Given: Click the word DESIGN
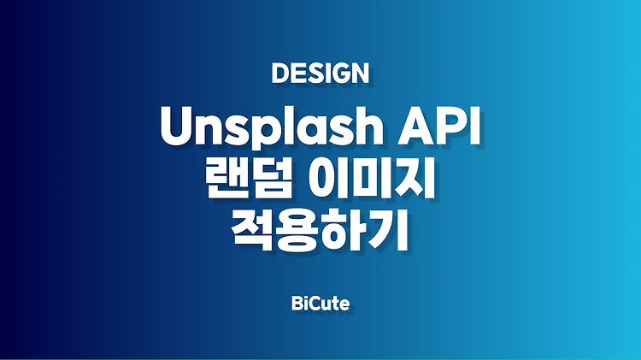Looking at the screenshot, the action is tap(320, 74).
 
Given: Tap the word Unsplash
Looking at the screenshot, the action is tap(272, 126).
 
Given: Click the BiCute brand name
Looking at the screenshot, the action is tap(320, 304).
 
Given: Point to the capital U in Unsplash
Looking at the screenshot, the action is tap(179, 127).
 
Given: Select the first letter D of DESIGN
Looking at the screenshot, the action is tap(280, 74).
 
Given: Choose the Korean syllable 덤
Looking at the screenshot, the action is tap(271, 180).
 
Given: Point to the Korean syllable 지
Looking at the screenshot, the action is tap(413, 180).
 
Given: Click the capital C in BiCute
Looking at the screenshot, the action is tap(314, 304).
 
